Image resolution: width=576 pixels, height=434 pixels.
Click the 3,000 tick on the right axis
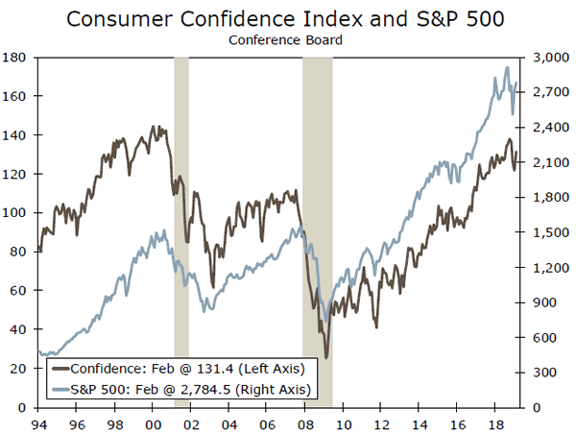[544, 58]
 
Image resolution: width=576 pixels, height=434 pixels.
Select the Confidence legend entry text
[188, 368]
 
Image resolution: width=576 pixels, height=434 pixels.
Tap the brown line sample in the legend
[59, 368]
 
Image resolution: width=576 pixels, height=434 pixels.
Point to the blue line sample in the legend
[59, 389]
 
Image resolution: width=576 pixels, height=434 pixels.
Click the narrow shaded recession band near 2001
[180, 230]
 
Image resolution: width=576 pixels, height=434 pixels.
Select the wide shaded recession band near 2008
[318, 230]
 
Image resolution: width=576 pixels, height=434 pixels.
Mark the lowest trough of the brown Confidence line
[326, 358]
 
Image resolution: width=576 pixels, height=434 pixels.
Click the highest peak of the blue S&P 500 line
[507, 67]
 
